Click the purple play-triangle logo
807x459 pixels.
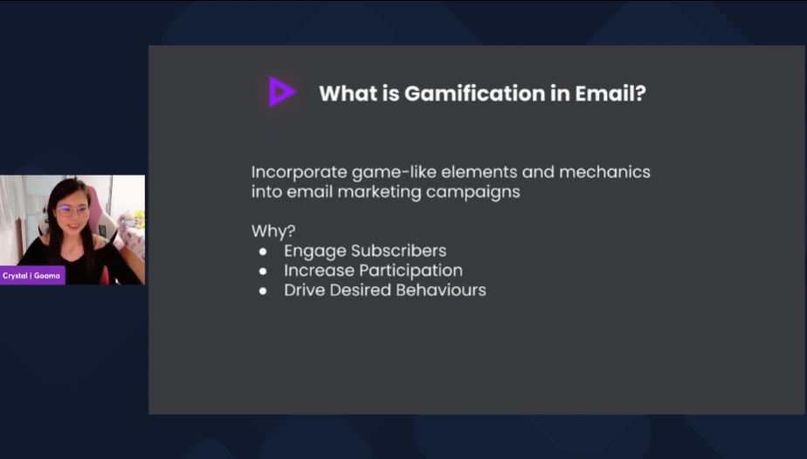coord(281,92)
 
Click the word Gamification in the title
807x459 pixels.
coord(474,93)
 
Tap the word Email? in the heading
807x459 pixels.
coord(610,93)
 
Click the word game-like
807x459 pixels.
coord(394,172)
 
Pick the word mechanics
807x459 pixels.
coord(604,172)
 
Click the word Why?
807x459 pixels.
coord(273,231)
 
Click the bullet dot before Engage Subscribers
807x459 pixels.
coord(263,252)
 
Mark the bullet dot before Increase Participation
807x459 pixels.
coord(263,271)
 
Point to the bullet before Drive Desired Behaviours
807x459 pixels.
coord(263,291)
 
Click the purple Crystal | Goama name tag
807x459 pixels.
coord(32,276)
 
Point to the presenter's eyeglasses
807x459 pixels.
coord(72,210)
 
